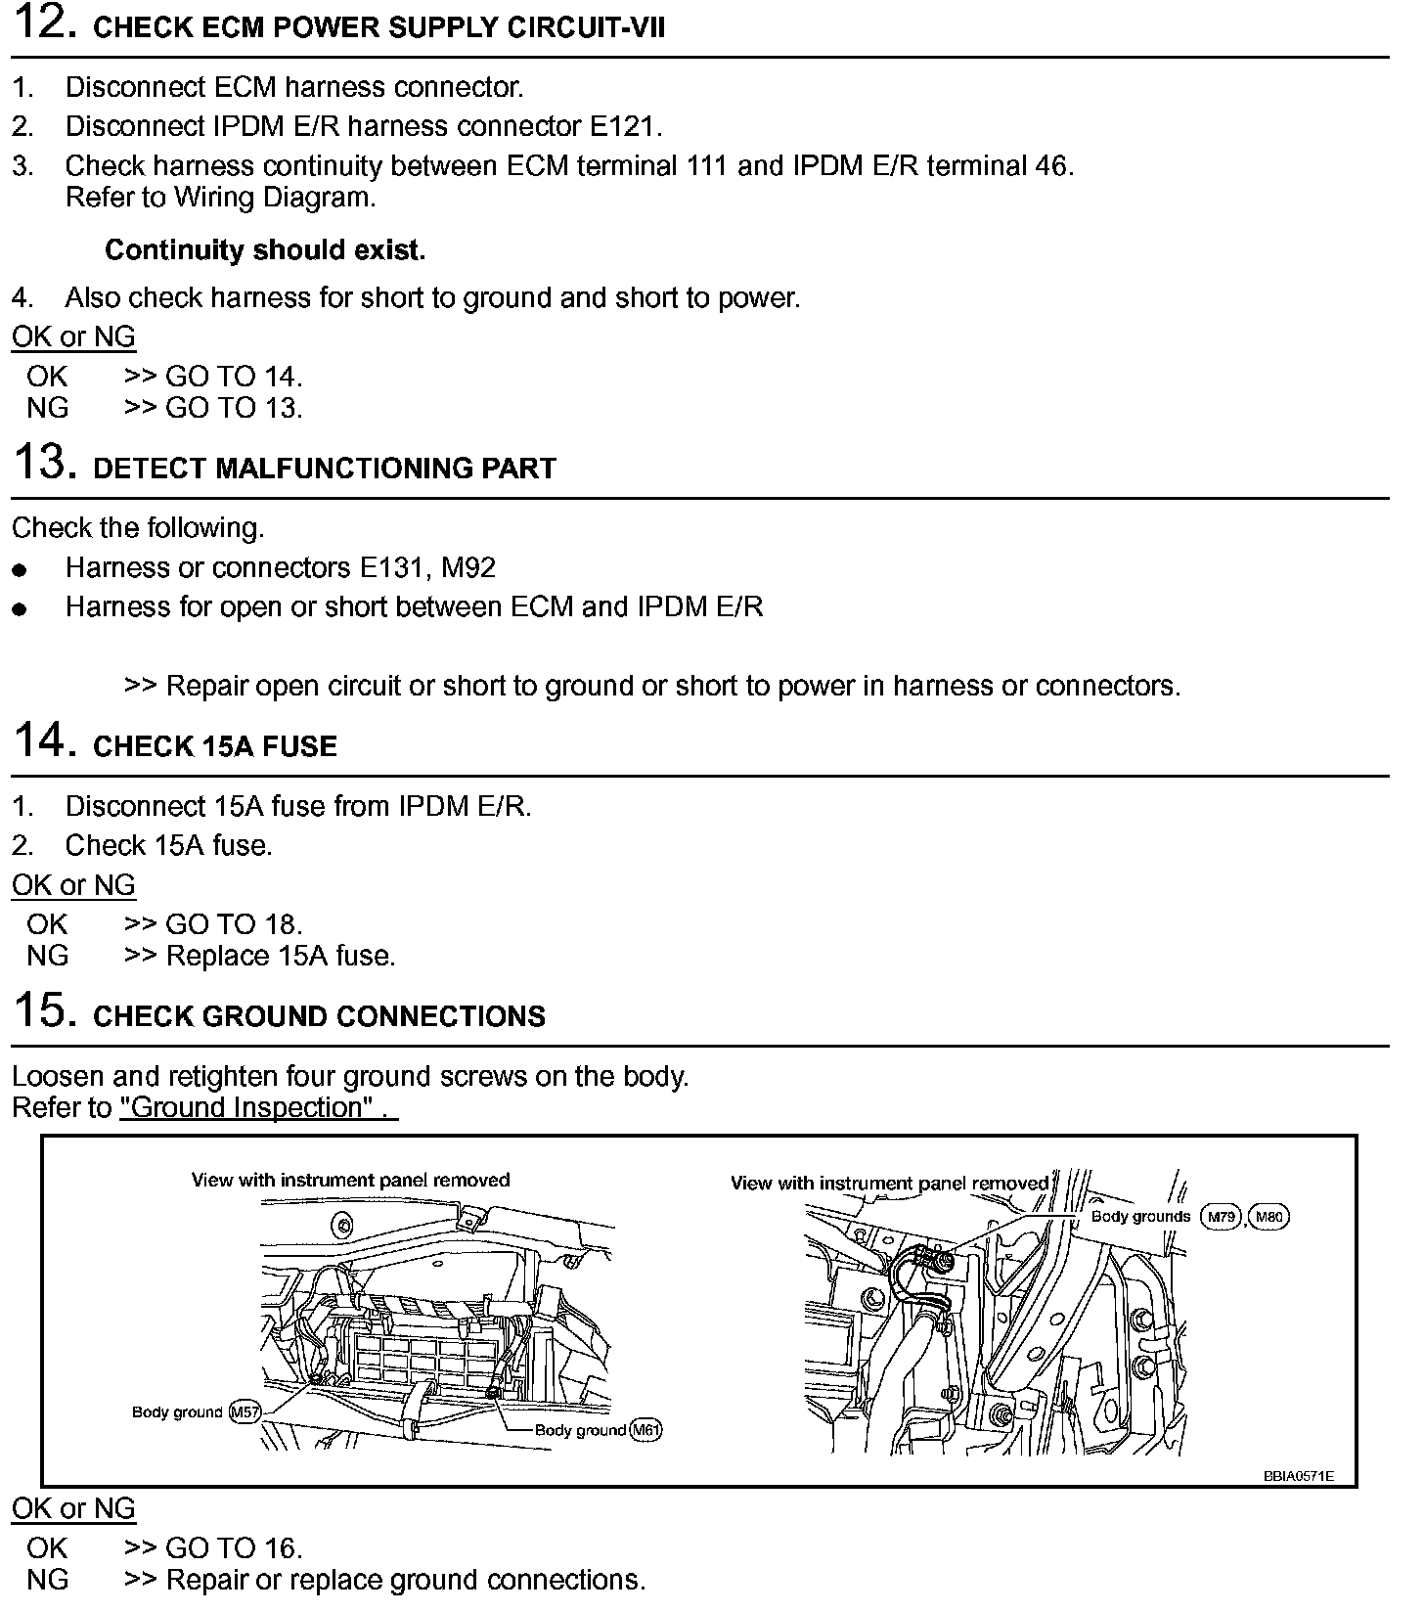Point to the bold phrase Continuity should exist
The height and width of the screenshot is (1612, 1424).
tap(265, 250)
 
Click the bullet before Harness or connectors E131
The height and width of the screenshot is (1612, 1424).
tap(19, 569)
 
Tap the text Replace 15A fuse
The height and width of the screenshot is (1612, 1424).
tap(281, 956)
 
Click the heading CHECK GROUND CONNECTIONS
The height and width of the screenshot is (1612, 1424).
tap(319, 1016)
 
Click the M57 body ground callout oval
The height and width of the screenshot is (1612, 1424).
tap(245, 1412)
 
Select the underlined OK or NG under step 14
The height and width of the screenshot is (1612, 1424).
tap(73, 885)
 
